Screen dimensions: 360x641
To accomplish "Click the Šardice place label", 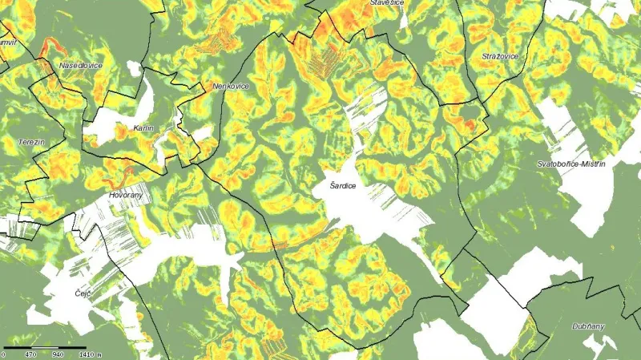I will point(342,186).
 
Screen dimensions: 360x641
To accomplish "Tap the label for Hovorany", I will point(124,195).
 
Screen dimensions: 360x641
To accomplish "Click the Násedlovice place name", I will point(80,66).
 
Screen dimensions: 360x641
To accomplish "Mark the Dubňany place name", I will point(588,326).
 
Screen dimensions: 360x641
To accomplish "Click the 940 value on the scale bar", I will point(58,354).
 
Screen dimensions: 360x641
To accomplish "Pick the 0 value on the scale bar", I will point(4,354).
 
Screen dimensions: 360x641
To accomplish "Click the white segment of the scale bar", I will point(46,347).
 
